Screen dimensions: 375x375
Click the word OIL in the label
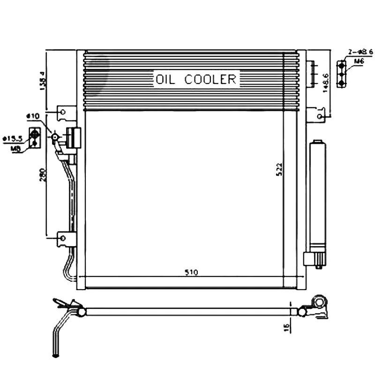[165, 79]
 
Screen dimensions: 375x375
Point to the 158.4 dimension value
[42, 80]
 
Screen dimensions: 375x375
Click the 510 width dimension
[191, 272]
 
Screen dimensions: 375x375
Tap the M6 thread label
[359, 61]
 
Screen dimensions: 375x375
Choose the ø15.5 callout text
[13, 138]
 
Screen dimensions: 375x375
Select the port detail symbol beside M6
[343, 73]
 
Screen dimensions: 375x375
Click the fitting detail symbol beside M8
[34, 136]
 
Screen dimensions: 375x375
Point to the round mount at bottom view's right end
[320, 301]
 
